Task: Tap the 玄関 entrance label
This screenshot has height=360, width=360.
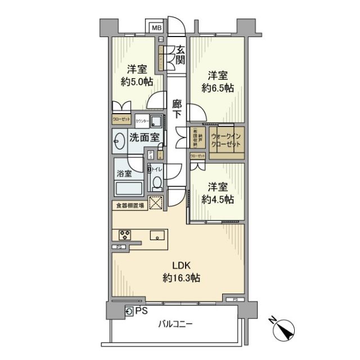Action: [x=180, y=55]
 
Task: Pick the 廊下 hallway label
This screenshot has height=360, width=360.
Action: [x=177, y=109]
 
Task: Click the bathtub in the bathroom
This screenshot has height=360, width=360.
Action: [x=129, y=188]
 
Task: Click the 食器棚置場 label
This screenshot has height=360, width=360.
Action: [x=130, y=206]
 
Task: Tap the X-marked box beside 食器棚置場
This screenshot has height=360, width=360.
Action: [x=155, y=204]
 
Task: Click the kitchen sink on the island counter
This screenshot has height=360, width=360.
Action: [x=157, y=236]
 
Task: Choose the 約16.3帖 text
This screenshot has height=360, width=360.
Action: [x=181, y=278]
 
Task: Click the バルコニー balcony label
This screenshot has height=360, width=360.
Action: [x=175, y=325]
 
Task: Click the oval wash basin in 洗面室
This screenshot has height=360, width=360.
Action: [x=119, y=141]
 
